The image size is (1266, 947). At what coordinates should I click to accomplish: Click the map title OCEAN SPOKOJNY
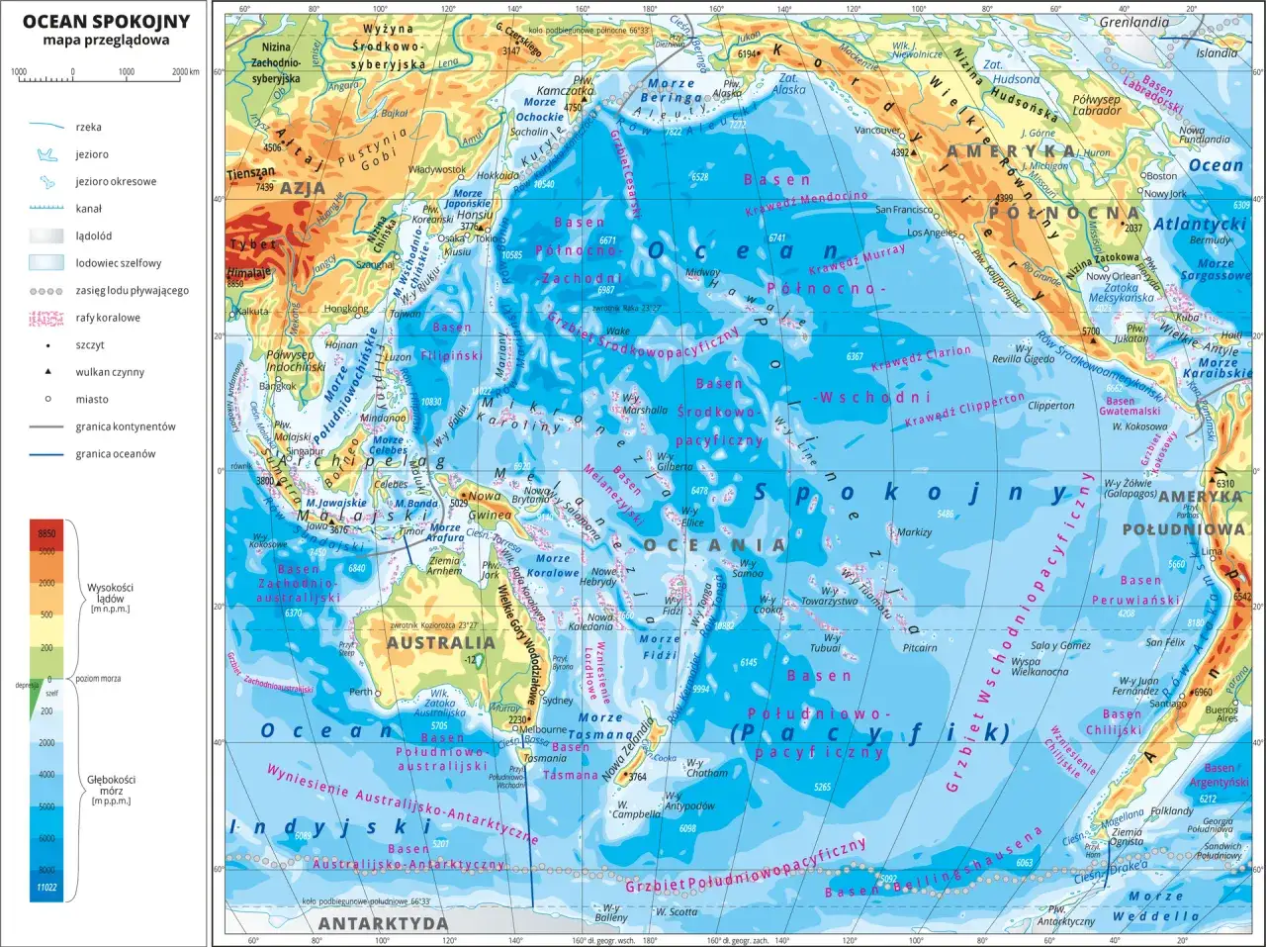106,22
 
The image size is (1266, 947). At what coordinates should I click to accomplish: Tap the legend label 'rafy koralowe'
108,318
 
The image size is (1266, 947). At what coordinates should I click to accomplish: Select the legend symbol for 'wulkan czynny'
47,372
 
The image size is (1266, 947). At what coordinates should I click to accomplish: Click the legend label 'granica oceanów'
116,454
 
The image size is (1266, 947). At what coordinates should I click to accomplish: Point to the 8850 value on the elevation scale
46,533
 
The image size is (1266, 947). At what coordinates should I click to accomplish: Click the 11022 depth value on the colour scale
46,888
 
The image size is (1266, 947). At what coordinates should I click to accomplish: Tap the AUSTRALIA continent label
440,642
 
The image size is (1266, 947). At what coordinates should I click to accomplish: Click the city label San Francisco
903,210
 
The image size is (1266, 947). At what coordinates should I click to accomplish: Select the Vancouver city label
876,131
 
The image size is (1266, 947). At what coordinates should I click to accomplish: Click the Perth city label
360,692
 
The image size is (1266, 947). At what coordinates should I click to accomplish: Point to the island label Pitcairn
920,648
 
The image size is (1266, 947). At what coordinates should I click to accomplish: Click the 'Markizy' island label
914,531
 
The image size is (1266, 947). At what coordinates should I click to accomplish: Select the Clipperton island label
1050,406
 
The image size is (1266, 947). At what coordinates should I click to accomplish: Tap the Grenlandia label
1133,22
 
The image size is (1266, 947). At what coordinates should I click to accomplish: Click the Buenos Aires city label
1221,714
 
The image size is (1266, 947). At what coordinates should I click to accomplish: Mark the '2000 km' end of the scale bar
185,72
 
